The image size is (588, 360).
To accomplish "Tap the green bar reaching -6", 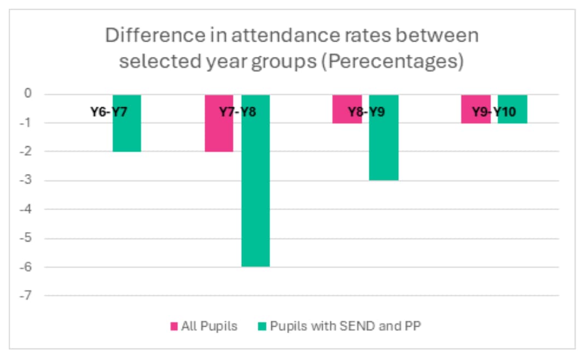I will [255, 208].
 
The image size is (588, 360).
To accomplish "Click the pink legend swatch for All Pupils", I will [174, 327].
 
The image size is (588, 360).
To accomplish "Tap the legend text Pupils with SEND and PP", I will [345, 327].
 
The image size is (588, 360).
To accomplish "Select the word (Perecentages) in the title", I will [393, 61].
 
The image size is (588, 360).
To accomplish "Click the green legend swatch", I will [261, 327].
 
